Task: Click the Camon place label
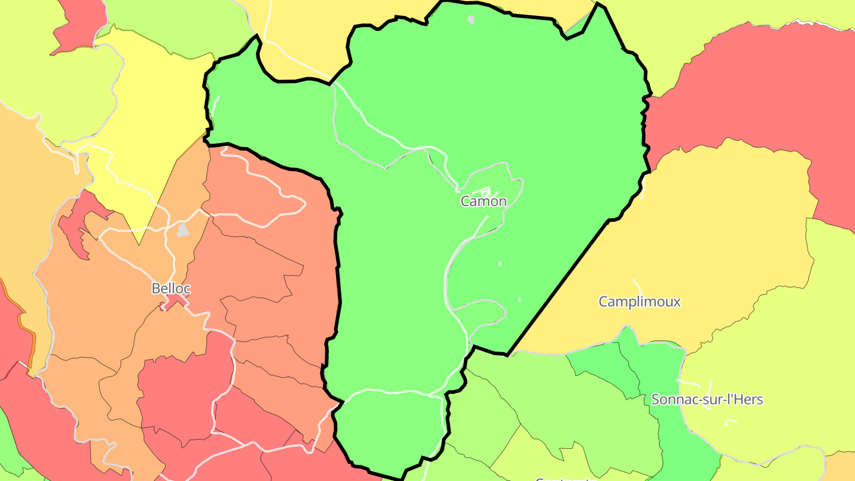point(484,201)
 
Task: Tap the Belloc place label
point(171,289)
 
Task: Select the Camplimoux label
point(639,302)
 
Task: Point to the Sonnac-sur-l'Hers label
point(707,400)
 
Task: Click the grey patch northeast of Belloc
point(183,230)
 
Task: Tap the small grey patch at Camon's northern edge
point(471,20)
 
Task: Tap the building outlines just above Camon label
point(484,191)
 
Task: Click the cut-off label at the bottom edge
point(562,478)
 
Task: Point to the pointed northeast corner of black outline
point(599,5)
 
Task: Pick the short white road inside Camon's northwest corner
point(215,107)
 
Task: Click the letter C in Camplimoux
point(603,302)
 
